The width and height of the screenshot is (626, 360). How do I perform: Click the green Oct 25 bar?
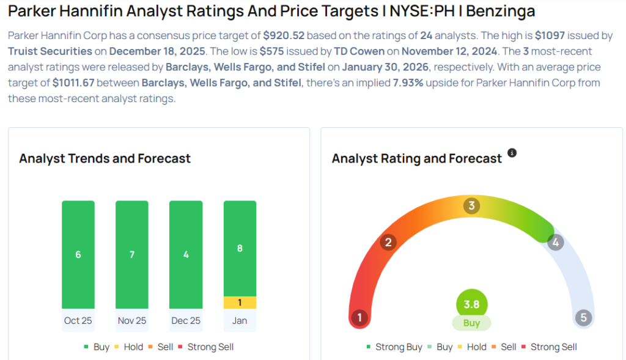pos(78,254)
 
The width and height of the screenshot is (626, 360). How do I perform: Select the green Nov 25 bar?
pos(132,254)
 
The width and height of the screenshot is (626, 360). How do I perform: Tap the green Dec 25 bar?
pos(186,254)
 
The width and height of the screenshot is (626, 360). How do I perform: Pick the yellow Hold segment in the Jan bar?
pos(240,303)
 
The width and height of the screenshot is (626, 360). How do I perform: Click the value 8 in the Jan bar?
pos(240,249)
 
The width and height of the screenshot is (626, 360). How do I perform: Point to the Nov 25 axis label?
pos(132,320)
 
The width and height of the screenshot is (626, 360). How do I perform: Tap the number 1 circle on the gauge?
pos(359,318)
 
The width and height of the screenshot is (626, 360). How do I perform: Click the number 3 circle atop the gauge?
pos(471,205)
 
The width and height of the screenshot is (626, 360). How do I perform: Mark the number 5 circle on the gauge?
pos(583,318)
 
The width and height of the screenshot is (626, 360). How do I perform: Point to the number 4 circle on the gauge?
pos(555,243)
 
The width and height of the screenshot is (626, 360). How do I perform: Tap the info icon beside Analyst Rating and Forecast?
pos(512,153)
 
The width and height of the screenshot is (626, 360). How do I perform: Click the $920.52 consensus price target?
pos(284,35)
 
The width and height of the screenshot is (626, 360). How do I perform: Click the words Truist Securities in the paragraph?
pos(50,51)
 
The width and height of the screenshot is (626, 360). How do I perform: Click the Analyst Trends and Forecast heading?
pos(105,158)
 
